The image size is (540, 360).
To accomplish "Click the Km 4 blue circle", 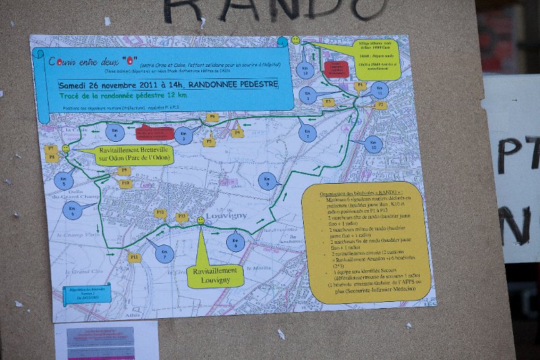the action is point(115,131).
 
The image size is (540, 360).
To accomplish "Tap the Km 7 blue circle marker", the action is point(164,254).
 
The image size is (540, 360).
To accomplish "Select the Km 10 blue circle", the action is point(373,144).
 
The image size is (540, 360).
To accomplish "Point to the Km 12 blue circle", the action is point(306,69).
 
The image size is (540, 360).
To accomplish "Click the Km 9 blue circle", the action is point(267,181).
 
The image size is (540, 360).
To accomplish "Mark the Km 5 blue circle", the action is point(64,180).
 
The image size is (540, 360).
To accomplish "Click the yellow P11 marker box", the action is point(134,257).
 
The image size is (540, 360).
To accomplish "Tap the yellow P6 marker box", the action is point(213,118).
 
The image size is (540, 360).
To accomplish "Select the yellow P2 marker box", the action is point(380,105).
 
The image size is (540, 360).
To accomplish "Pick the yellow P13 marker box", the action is point(182,217).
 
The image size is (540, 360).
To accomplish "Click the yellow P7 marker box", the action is point(51,148).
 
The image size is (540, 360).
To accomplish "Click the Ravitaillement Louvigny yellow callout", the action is point(215,274).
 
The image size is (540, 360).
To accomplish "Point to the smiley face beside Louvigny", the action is point(200,220).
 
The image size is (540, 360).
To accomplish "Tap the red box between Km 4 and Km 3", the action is point(155,133).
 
